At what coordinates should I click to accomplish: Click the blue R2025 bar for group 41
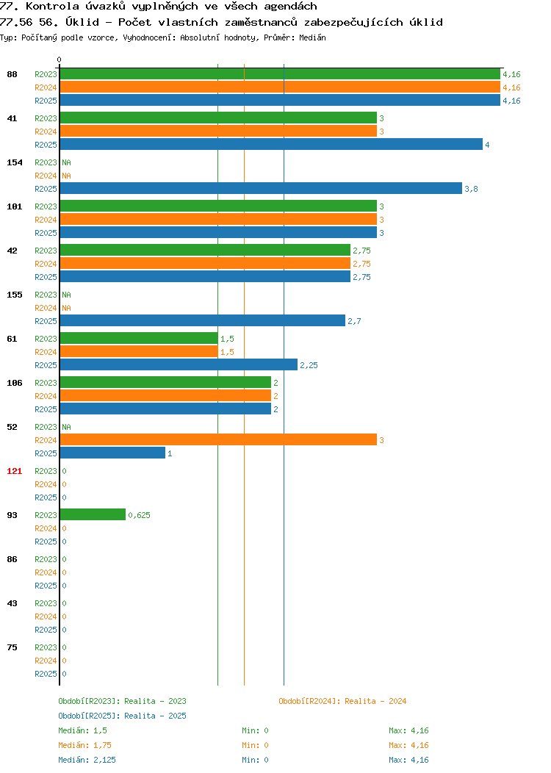tap(271, 145)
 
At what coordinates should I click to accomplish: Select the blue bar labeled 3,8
tap(261, 188)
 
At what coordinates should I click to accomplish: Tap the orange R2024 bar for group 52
tap(218, 439)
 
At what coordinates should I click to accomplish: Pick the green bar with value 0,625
tap(93, 514)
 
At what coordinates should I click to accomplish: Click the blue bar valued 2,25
tap(179, 364)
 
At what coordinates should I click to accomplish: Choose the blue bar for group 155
tap(203, 321)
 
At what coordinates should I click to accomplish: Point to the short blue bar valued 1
tap(112, 453)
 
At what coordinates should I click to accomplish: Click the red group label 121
tap(14, 471)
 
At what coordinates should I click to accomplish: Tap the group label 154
tap(14, 162)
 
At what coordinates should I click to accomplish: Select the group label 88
tap(12, 74)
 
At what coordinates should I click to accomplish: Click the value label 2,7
tap(354, 321)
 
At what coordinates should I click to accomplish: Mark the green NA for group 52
tap(67, 427)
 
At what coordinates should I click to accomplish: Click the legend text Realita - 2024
tap(375, 701)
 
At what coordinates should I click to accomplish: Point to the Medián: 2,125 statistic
tap(87, 760)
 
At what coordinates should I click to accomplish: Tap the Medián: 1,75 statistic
tap(84, 745)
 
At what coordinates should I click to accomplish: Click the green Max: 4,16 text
tap(408, 730)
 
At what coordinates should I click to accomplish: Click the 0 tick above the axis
tap(60, 60)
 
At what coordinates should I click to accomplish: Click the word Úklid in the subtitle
tap(82, 22)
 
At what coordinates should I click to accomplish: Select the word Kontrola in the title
tap(52, 7)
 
